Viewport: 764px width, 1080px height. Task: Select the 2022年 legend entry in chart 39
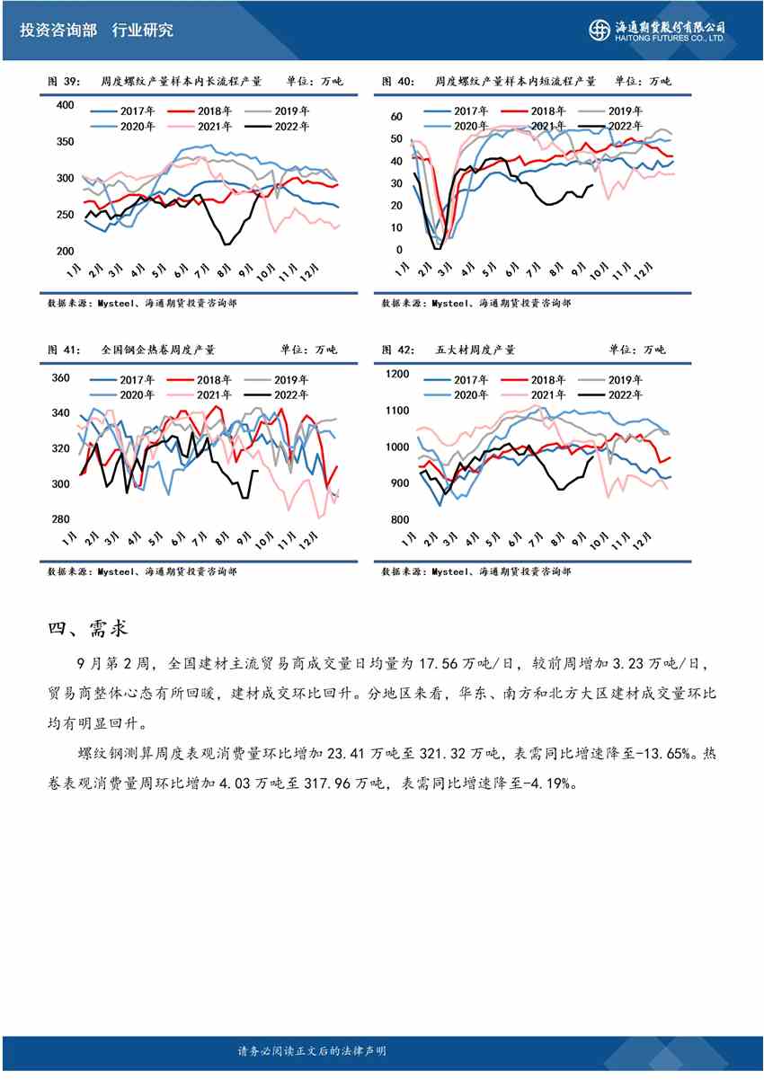pos(284,127)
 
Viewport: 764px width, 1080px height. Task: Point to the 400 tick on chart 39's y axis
pos(64,105)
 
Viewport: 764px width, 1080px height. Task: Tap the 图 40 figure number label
pos(397,82)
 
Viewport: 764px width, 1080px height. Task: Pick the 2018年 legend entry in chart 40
pos(535,111)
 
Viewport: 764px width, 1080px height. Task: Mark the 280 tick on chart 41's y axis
pos(60,519)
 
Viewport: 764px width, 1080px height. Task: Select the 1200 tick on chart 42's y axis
pos(396,375)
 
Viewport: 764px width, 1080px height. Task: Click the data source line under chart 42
pos(475,571)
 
